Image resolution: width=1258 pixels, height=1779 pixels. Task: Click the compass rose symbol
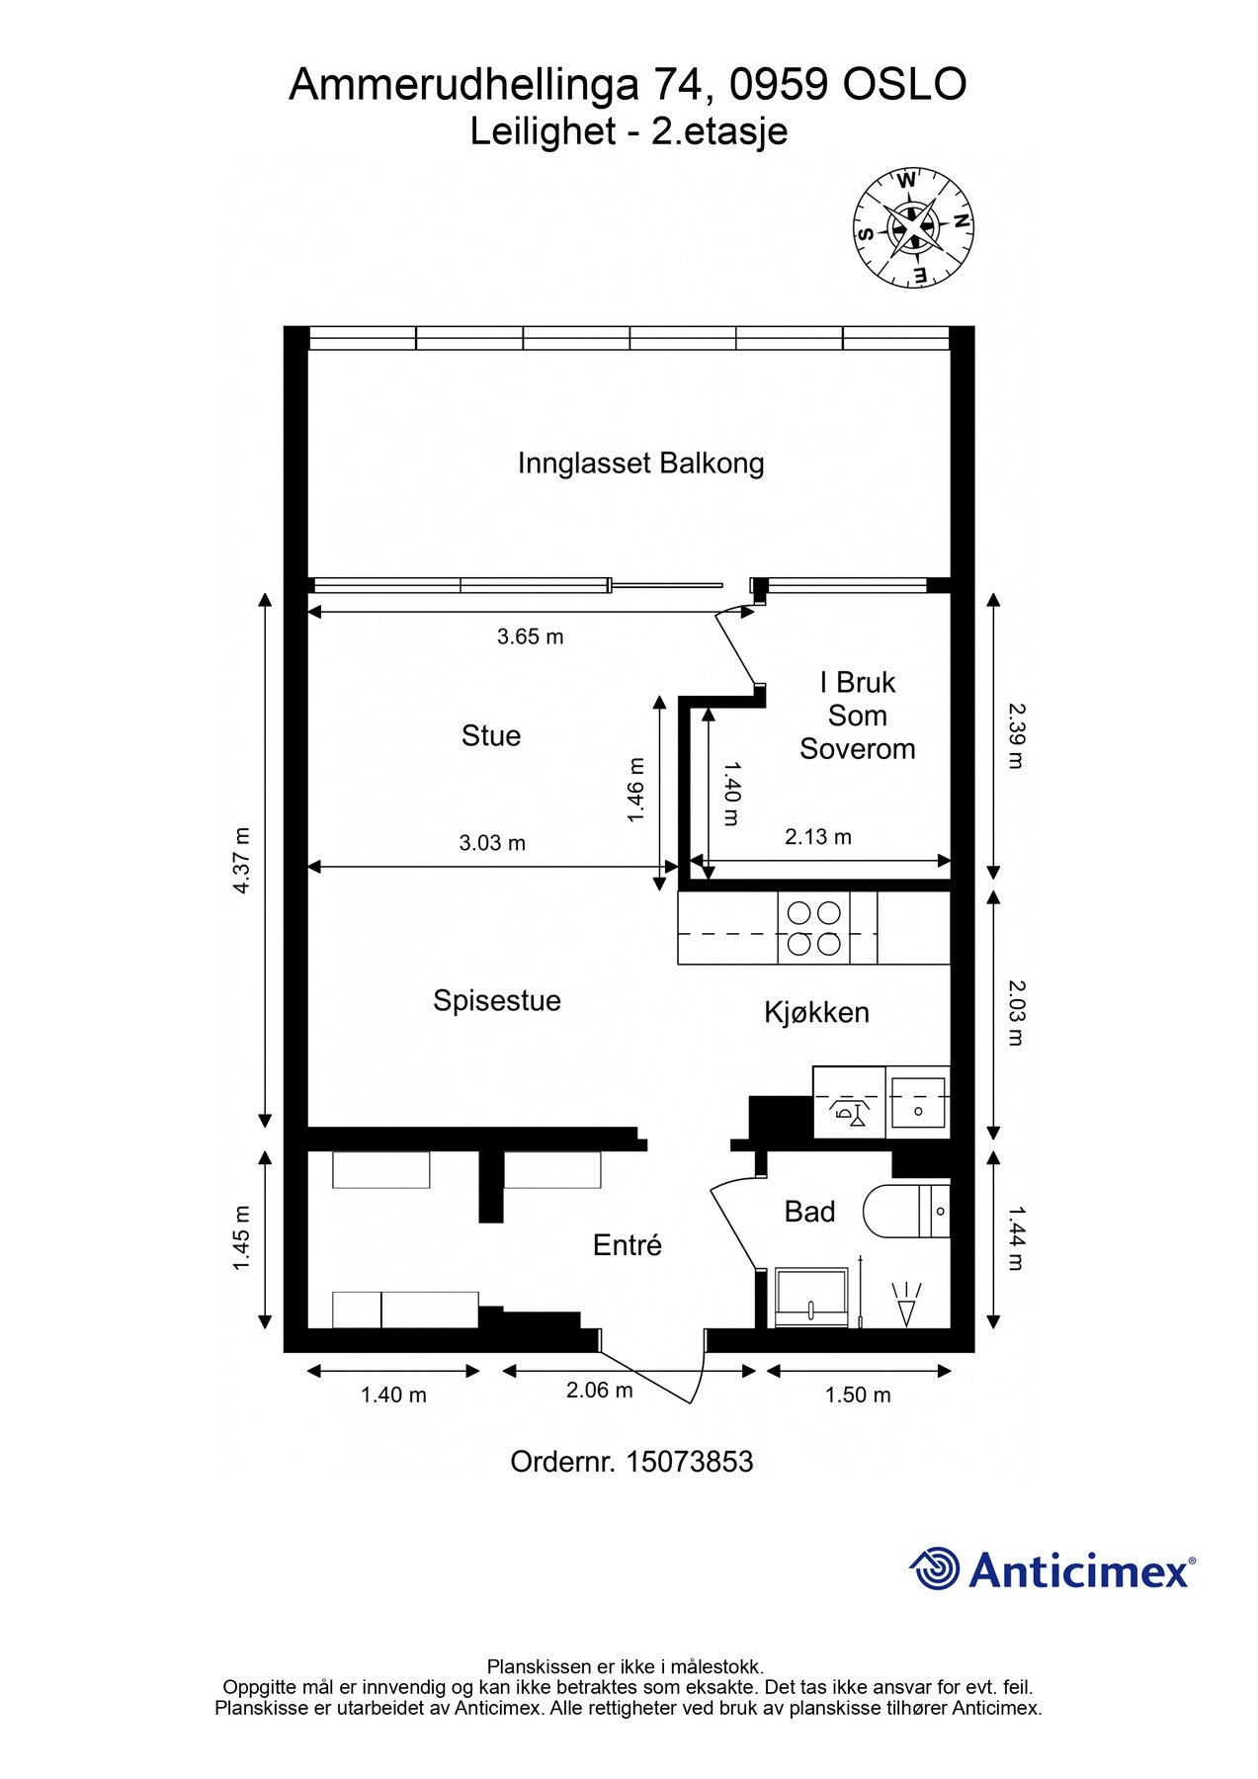pyautogui.click(x=912, y=227)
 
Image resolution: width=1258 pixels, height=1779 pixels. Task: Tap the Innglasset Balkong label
pyautogui.click(x=640, y=463)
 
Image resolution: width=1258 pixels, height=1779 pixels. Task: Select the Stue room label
pyautogui.click(x=490, y=735)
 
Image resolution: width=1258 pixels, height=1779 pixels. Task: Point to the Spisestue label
pyautogui.click(x=496, y=1000)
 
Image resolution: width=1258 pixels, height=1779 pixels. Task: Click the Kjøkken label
pyautogui.click(x=816, y=1012)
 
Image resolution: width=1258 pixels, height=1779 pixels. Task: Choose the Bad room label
pyautogui.click(x=809, y=1212)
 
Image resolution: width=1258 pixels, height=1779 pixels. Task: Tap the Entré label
pyautogui.click(x=627, y=1245)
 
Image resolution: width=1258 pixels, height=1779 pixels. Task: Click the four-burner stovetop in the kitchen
pyautogui.click(x=812, y=928)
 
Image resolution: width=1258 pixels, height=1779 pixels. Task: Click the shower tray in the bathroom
pyautogui.click(x=811, y=1299)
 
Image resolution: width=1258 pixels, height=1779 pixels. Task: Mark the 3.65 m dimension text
pyautogui.click(x=530, y=636)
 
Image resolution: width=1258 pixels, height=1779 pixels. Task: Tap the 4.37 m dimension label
pyautogui.click(x=241, y=861)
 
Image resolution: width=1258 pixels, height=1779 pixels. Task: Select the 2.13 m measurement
pyautogui.click(x=818, y=837)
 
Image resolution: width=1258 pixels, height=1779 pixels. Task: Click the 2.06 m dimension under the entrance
pyautogui.click(x=599, y=1391)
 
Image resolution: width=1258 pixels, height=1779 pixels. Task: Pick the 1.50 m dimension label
pyautogui.click(x=858, y=1395)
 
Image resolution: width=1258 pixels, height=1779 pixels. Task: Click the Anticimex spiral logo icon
pyautogui.click(x=934, y=1568)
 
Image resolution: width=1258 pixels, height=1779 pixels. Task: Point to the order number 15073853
pyautogui.click(x=690, y=1462)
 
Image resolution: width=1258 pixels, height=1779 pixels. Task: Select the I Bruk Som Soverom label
pyautogui.click(x=857, y=716)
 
